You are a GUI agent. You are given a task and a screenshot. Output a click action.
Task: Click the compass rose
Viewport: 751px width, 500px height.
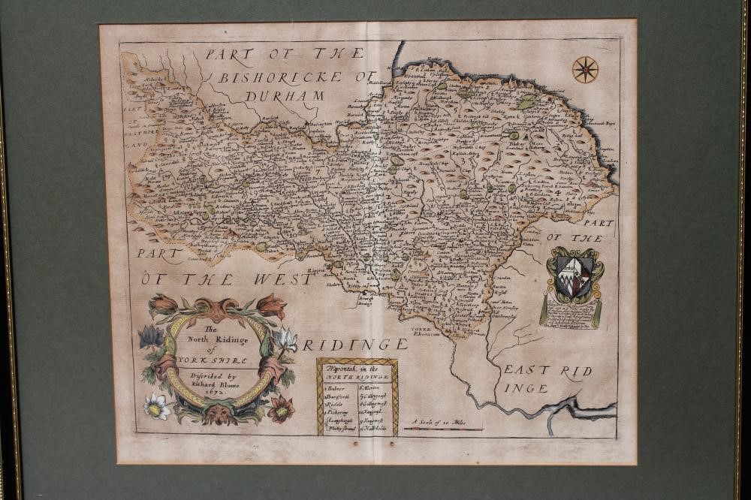click(x=585, y=70)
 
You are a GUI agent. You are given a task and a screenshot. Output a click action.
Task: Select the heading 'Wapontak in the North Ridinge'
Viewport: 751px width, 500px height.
click(x=356, y=371)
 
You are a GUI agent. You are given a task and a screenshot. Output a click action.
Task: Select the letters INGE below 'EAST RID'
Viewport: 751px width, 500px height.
click(x=526, y=388)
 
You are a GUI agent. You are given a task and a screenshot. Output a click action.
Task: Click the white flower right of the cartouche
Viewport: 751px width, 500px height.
click(x=286, y=339)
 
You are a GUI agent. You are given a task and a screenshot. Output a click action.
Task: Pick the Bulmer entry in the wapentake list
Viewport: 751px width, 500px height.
click(x=339, y=387)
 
